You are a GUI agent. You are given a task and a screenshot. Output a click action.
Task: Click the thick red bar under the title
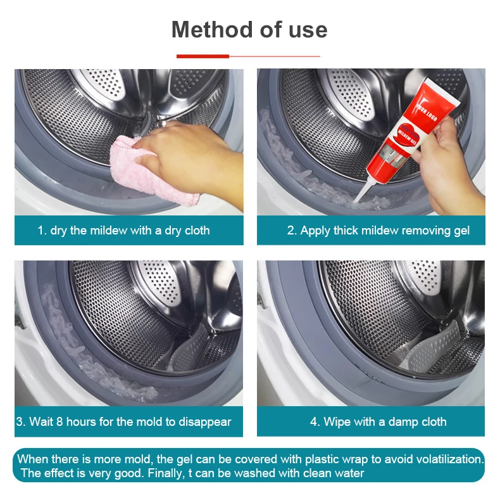coord(203,56)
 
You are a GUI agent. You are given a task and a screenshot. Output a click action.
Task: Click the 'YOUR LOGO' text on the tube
coord(427,111)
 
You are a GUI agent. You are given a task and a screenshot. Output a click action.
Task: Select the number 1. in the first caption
coord(42,230)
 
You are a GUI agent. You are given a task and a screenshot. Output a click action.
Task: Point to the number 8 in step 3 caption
coord(59,421)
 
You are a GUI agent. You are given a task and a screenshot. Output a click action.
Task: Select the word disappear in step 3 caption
coord(204,423)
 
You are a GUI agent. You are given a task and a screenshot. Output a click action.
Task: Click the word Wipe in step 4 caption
coord(336,422)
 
